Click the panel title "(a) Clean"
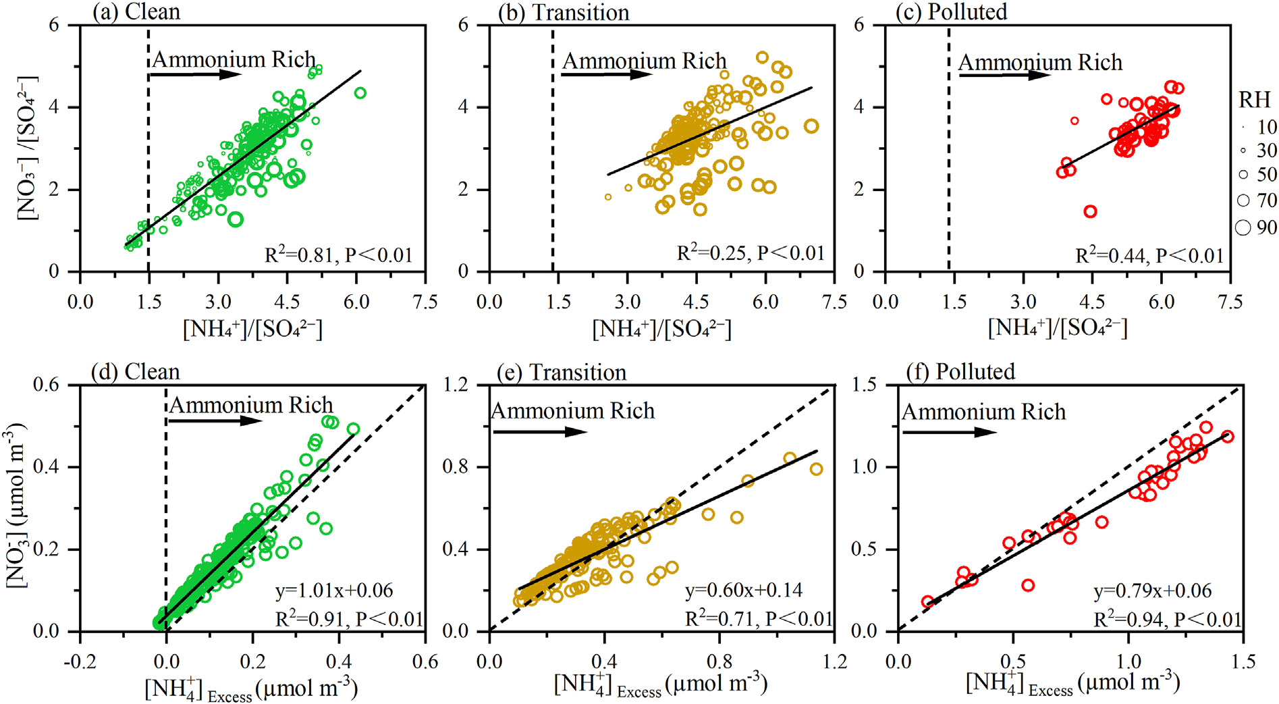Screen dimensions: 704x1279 (x=137, y=12)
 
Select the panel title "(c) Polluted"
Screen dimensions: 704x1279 (x=951, y=12)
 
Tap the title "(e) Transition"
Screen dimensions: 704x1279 (x=561, y=372)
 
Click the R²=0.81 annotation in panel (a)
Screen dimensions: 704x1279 (x=338, y=255)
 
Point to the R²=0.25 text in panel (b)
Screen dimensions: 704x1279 (x=751, y=253)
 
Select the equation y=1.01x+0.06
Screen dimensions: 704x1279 (x=333, y=591)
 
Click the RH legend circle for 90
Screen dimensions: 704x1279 (x=1243, y=227)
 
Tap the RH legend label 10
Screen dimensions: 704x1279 (x=1267, y=127)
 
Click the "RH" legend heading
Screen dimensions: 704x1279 (x=1255, y=100)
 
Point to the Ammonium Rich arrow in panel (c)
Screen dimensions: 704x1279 (x=1004, y=75)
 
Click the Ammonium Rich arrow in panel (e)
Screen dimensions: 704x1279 (x=540, y=431)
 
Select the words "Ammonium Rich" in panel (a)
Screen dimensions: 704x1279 (x=234, y=59)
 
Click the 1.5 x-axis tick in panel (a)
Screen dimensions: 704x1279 (x=149, y=302)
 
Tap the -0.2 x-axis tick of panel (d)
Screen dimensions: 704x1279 (x=80, y=662)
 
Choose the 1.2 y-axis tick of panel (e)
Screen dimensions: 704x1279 (x=456, y=385)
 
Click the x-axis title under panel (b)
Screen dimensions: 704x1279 (x=661, y=329)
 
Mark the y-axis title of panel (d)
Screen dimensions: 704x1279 (x=16, y=506)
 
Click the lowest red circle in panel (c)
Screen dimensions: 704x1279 (x=1090, y=211)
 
